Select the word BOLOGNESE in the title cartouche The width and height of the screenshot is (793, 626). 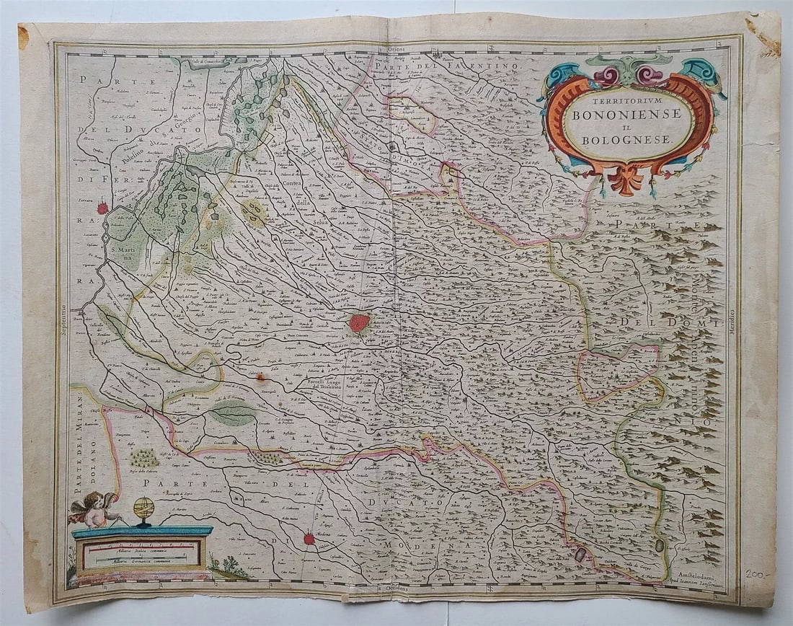point(628,138)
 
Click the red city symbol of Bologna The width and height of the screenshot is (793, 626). point(359,323)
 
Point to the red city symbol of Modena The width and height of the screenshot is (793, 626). point(309,538)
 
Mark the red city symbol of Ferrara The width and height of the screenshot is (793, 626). point(102,208)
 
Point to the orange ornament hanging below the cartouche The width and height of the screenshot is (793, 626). point(625,180)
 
